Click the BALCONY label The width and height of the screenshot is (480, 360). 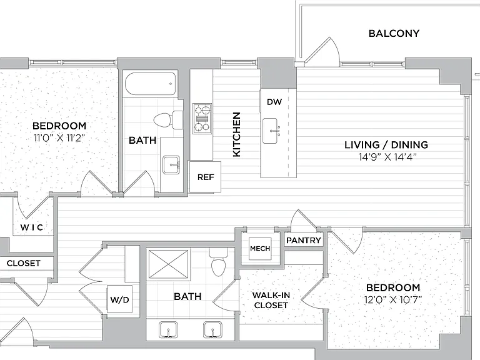click(x=394, y=33)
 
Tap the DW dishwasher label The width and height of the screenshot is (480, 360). click(x=274, y=102)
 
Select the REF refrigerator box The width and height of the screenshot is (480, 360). click(x=205, y=177)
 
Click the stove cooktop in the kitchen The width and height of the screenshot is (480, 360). click(x=202, y=119)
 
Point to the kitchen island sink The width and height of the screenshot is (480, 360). click(x=270, y=131)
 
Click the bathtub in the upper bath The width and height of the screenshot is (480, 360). click(x=151, y=84)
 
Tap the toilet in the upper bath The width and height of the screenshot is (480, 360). click(x=168, y=120)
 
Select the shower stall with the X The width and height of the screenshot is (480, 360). click(x=168, y=265)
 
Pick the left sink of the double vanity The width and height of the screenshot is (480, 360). click(x=168, y=330)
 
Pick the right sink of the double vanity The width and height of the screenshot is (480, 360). click(x=213, y=330)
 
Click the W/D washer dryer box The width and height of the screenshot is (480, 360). click(x=120, y=299)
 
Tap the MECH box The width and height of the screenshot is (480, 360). click(x=260, y=249)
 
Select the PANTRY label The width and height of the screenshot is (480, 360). click(x=304, y=241)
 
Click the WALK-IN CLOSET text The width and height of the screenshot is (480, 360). click(x=271, y=300)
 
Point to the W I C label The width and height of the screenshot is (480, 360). click(x=31, y=227)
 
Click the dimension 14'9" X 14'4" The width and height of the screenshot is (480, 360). click(x=388, y=157)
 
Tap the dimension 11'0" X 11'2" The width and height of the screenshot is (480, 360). click(x=59, y=138)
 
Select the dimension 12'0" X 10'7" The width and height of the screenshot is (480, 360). click(x=393, y=299)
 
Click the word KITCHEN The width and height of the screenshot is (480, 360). click(x=237, y=134)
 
